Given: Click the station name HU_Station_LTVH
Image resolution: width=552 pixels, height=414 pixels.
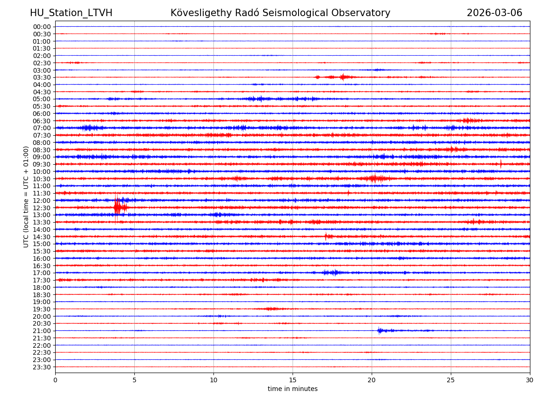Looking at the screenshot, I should point(71,13).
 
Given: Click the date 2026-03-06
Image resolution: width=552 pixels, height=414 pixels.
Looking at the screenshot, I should point(494,13).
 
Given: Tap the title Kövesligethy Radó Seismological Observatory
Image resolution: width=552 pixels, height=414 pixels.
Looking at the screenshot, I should point(280,13).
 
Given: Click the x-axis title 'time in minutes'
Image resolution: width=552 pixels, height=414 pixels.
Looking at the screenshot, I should point(293,389).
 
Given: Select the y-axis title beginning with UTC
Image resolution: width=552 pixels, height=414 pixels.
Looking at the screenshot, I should point(26,196).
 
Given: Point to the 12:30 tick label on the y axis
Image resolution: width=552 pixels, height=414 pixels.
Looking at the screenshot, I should point(41,208).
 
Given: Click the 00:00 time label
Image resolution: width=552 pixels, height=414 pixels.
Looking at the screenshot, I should point(41,27).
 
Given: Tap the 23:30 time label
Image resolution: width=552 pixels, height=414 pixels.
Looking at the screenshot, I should point(41,367).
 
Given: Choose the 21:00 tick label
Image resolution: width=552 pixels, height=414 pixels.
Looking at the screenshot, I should point(41,331).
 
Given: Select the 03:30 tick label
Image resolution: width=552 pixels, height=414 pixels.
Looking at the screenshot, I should point(41,77).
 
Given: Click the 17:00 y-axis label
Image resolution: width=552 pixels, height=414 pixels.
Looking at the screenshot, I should point(41,273).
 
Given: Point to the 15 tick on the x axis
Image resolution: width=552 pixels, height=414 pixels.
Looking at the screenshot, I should point(293,380).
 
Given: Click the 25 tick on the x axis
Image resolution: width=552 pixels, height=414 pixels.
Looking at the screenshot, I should point(451,380).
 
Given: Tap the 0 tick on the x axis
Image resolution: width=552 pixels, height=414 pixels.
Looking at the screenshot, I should point(55,380).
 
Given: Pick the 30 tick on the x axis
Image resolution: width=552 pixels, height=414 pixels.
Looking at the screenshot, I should point(530,380).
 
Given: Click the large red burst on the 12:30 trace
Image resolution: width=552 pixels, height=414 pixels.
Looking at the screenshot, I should point(117,207).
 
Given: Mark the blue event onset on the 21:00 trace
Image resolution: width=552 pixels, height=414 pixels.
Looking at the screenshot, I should point(379,330).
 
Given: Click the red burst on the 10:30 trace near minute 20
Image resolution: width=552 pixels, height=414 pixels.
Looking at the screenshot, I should point(374,178).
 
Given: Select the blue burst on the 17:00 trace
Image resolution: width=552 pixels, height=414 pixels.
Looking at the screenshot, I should point(331,273).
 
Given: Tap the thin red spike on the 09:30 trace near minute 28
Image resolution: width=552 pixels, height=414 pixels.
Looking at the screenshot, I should point(501,164).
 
